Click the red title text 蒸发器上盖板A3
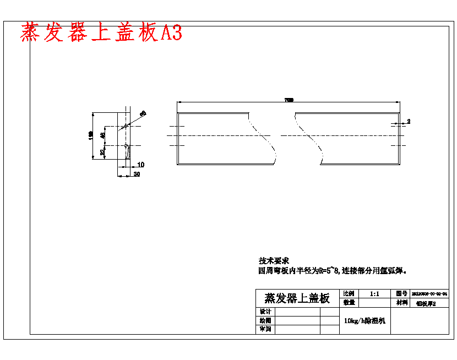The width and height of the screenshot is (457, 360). click(x=101, y=32)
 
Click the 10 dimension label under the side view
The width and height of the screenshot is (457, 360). click(x=140, y=165)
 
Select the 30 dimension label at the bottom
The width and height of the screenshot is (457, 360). click(x=136, y=174)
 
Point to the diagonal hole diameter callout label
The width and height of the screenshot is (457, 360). click(x=143, y=113)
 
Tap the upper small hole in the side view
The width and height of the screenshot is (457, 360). click(x=126, y=126)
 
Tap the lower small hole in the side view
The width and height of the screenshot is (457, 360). click(x=127, y=146)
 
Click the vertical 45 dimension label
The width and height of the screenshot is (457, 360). click(x=102, y=135)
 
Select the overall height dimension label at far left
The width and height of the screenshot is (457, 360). click(x=90, y=136)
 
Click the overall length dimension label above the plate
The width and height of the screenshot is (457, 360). click(x=289, y=100)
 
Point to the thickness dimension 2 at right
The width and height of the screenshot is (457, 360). click(x=409, y=121)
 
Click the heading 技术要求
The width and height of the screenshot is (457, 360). click(x=274, y=260)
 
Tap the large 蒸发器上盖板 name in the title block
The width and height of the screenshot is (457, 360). click(x=297, y=298)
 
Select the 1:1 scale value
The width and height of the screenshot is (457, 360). click(x=374, y=294)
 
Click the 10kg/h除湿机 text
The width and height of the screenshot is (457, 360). click(x=365, y=320)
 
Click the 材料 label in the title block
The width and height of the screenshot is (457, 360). click(x=400, y=303)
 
